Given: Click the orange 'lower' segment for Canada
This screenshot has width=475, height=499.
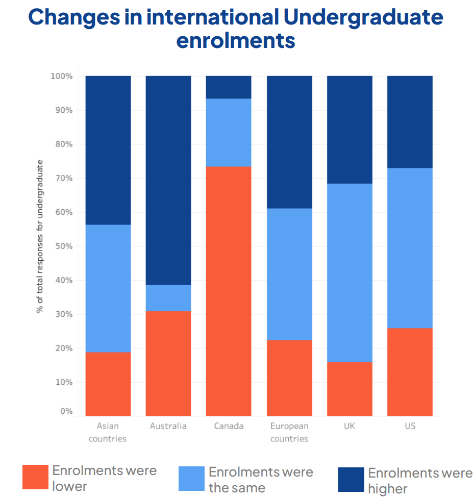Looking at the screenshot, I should coord(229,291).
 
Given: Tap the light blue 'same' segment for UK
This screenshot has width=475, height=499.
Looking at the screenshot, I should coord(349,272).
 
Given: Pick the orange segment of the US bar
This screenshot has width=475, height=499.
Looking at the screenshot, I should coord(410,372).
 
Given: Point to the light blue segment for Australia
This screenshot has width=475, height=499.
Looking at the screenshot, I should coord(168,298).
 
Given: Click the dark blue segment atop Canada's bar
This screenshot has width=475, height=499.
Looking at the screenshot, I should coord(229,87).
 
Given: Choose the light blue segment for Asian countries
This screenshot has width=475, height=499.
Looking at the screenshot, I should coord(108,288).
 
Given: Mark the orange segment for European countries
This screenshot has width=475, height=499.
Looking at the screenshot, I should coord(289,378).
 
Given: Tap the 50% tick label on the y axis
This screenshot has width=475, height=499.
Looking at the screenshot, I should coord(62,246).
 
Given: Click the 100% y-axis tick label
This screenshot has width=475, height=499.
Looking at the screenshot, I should coord(61,77).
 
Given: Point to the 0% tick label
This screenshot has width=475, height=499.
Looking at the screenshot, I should coord(66,411).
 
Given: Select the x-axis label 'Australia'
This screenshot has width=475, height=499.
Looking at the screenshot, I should coord(168,426).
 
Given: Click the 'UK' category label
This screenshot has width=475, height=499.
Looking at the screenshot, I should coord(349,426).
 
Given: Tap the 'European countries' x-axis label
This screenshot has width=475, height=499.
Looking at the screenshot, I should coord(289,432).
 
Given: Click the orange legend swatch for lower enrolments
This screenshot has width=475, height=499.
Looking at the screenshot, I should coord(35,478).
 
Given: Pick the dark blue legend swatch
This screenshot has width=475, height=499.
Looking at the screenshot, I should coord(351,480).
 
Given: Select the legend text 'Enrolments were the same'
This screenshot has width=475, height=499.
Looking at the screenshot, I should coord(261,480).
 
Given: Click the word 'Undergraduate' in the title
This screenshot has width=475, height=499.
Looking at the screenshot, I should coord(363,17).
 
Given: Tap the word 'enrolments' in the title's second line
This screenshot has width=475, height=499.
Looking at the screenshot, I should coord(236,40).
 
